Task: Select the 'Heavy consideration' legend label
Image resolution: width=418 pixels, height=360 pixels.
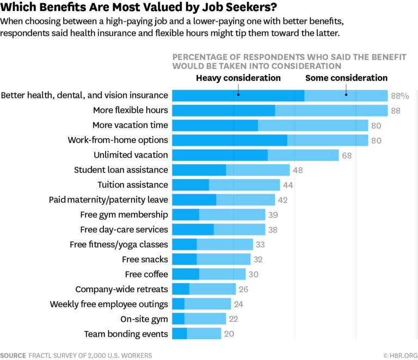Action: [x=238, y=78]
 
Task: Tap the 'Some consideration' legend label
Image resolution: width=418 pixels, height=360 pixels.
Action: [x=346, y=78]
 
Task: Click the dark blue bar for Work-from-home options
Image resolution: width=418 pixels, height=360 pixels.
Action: [x=230, y=140]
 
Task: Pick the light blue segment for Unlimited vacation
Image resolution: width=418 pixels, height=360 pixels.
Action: [x=303, y=155]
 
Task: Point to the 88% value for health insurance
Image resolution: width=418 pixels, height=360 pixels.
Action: [x=399, y=96]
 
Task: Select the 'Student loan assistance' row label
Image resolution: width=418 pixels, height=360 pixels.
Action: [x=121, y=170]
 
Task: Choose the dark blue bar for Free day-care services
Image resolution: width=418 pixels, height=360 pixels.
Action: [x=193, y=229]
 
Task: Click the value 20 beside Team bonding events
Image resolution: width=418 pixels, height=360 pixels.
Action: [x=229, y=334]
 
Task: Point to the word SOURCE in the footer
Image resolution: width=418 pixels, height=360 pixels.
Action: [x=13, y=355]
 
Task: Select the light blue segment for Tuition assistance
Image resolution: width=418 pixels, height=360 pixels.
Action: [x=244, y=185]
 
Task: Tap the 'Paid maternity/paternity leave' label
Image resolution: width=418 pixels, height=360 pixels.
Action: [x=108, y=200]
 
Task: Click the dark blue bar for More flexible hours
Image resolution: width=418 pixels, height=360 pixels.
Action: [x=224, y=110]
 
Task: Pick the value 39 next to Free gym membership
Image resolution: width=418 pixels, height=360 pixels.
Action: [x=273, y=215]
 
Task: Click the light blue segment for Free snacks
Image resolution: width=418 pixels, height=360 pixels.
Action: [x=224, y=259]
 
